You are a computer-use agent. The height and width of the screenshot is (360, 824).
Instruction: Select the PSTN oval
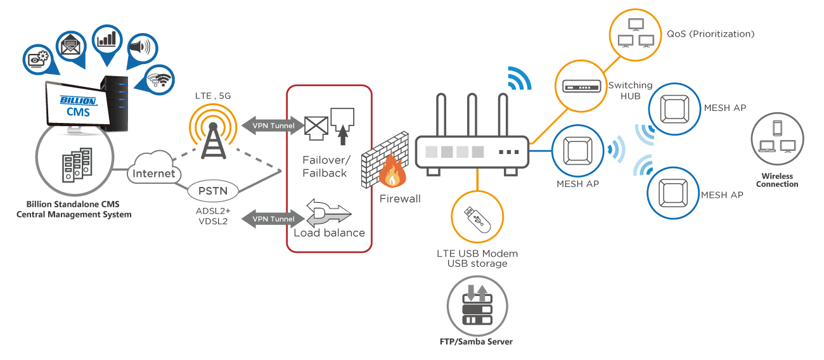click(x=213, y=190)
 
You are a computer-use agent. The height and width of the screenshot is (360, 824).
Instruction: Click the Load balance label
click(x=329, y=233)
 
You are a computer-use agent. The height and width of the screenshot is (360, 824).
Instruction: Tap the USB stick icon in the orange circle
click(x=477, y=217)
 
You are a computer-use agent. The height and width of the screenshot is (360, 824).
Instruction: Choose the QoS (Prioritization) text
click(x=710, y=34)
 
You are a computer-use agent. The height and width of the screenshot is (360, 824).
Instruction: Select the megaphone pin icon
click(x=141, y=48)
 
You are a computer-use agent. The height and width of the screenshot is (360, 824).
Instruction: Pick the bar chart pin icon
click(x=106, y=40)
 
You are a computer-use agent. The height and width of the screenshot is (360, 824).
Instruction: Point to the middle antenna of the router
click(x=471, y=114)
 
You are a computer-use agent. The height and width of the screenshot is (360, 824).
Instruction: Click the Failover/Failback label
click(x=324, y=167)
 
